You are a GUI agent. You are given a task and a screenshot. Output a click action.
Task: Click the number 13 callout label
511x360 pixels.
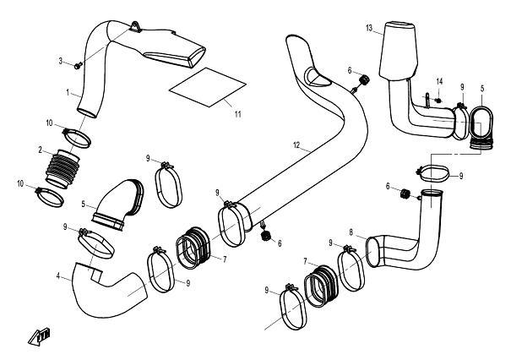(x=369, y=28)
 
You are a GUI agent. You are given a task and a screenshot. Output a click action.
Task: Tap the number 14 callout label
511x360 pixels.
(x=440, y=81)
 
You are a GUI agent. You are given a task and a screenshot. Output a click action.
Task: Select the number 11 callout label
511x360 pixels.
(x=238, y=114)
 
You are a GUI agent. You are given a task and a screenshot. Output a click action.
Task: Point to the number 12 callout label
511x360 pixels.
(x=296, y=145)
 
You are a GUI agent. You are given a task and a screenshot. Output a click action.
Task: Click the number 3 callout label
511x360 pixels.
(x=60, y=61)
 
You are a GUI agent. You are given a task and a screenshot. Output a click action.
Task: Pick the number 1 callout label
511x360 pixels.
(x=68, y=93)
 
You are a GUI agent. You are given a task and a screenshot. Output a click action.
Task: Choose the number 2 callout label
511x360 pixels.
(x=40, y=150)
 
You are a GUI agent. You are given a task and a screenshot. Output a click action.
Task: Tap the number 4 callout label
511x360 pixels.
(x=58, y=276)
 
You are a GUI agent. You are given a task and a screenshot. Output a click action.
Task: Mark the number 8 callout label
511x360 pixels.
(x=351, y=232)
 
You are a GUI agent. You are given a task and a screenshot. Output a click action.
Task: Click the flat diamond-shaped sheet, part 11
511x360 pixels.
(x=208, y=87)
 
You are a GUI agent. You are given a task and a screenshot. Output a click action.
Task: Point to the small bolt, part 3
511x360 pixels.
(x=78, y=66)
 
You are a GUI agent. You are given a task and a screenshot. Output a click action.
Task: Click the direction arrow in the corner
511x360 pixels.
(x=39, y=336)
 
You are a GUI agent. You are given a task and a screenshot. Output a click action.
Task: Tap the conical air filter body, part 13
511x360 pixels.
(x=398, y=51)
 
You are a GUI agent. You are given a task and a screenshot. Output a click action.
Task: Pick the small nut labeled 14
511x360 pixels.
(x=438, y=100)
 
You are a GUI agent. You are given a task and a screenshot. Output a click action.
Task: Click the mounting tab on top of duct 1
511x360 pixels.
(x=136, y=27)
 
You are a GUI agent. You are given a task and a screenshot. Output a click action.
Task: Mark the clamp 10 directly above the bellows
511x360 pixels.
(x=76, y=138)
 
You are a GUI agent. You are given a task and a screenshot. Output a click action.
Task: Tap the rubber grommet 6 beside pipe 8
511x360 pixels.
(x=405, y=194)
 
